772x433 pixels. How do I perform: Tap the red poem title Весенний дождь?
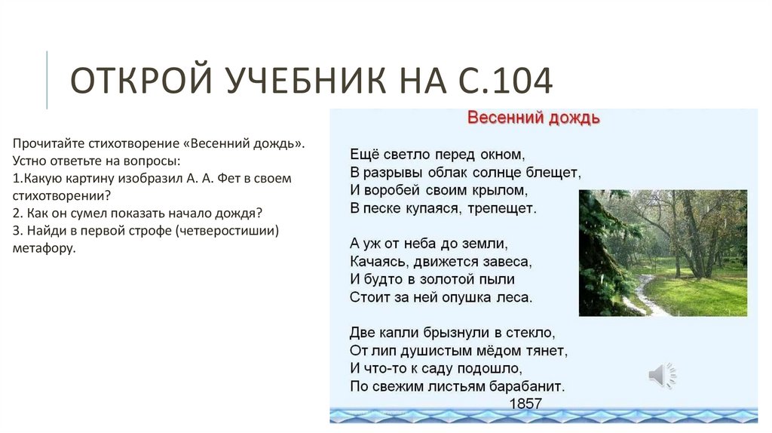click(x=534, y=118)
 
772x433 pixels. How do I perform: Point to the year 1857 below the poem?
click(x=525, y=404)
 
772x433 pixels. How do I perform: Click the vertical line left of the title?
click(x=47, y=80)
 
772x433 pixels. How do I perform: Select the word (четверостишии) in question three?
click(x=227, y=230)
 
